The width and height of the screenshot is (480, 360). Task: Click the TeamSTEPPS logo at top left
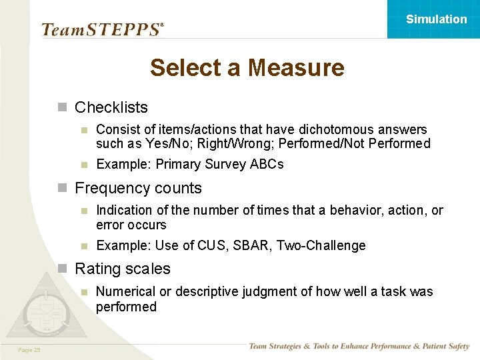[x=102, y=29]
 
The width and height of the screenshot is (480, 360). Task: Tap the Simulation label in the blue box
[x=436, y=19]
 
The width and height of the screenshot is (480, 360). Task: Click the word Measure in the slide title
[x=295, y=67]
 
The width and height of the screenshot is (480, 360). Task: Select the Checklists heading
[x=111, y=107]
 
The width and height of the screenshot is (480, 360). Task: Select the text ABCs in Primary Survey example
[x=267, y=164]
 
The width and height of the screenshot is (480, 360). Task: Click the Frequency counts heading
[x=138, y=188]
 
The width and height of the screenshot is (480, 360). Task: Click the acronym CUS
[x=212, y=245]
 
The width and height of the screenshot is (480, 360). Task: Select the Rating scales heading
[x=123, y=269]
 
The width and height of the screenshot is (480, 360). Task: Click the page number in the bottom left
[x=30, y=350]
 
